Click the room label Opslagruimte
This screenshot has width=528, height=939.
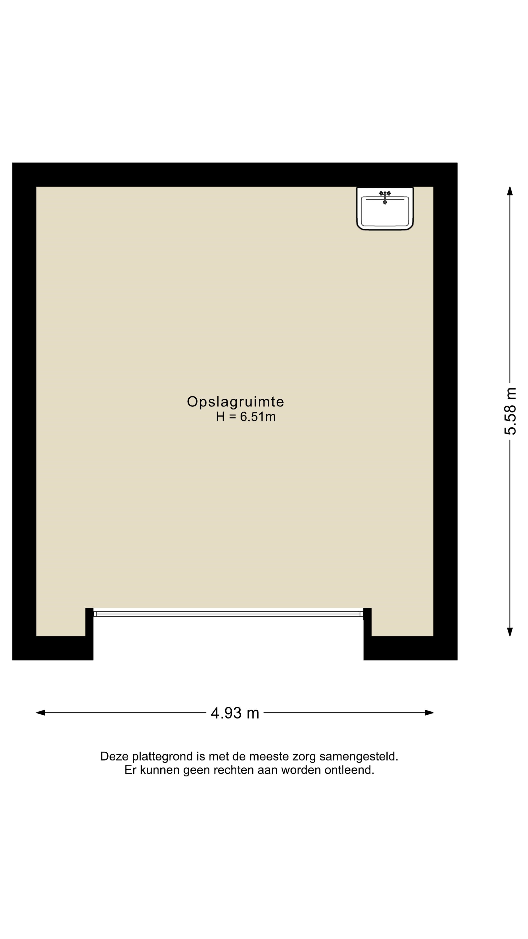point(235,402)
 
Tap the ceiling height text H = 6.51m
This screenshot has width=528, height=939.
point(246,417)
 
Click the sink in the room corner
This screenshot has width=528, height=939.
point(385,209)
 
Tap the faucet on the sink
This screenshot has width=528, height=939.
point(385,197)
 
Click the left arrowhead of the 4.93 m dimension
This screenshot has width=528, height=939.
point(40,713)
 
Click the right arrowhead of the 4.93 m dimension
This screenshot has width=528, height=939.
point(429,713)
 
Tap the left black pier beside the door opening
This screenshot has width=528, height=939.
point(89,634)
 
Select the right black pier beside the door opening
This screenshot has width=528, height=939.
point(367,634)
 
